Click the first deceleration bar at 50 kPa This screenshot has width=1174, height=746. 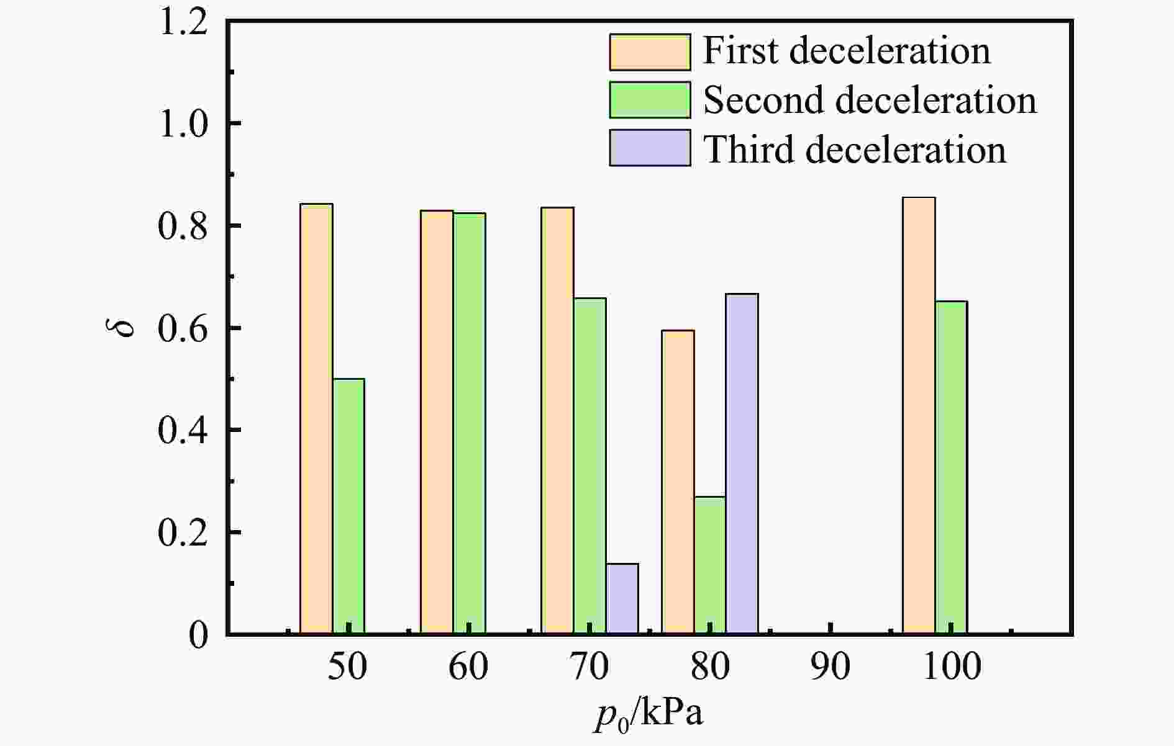[316, 419]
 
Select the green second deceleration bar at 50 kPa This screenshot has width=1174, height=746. [348, 506]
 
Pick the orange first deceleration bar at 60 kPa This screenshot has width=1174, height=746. [437, 422]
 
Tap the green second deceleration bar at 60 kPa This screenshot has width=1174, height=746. [469, 423]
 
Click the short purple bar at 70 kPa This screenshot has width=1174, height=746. [622, 598]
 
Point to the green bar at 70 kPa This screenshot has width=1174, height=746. [589, 465]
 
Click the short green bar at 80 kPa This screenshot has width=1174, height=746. [709, 565]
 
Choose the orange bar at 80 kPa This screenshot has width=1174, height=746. [678, 482]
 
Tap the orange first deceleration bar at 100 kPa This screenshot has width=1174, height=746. [919, 415]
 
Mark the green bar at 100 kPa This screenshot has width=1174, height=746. [951, 467]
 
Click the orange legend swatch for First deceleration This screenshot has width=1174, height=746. [650, 52]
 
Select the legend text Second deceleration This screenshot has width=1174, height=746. [870, 100]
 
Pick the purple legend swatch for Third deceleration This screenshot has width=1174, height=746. [650, 148]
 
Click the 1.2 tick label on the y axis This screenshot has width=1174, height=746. [183, 23]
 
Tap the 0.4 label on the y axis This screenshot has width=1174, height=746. [183, 431]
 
